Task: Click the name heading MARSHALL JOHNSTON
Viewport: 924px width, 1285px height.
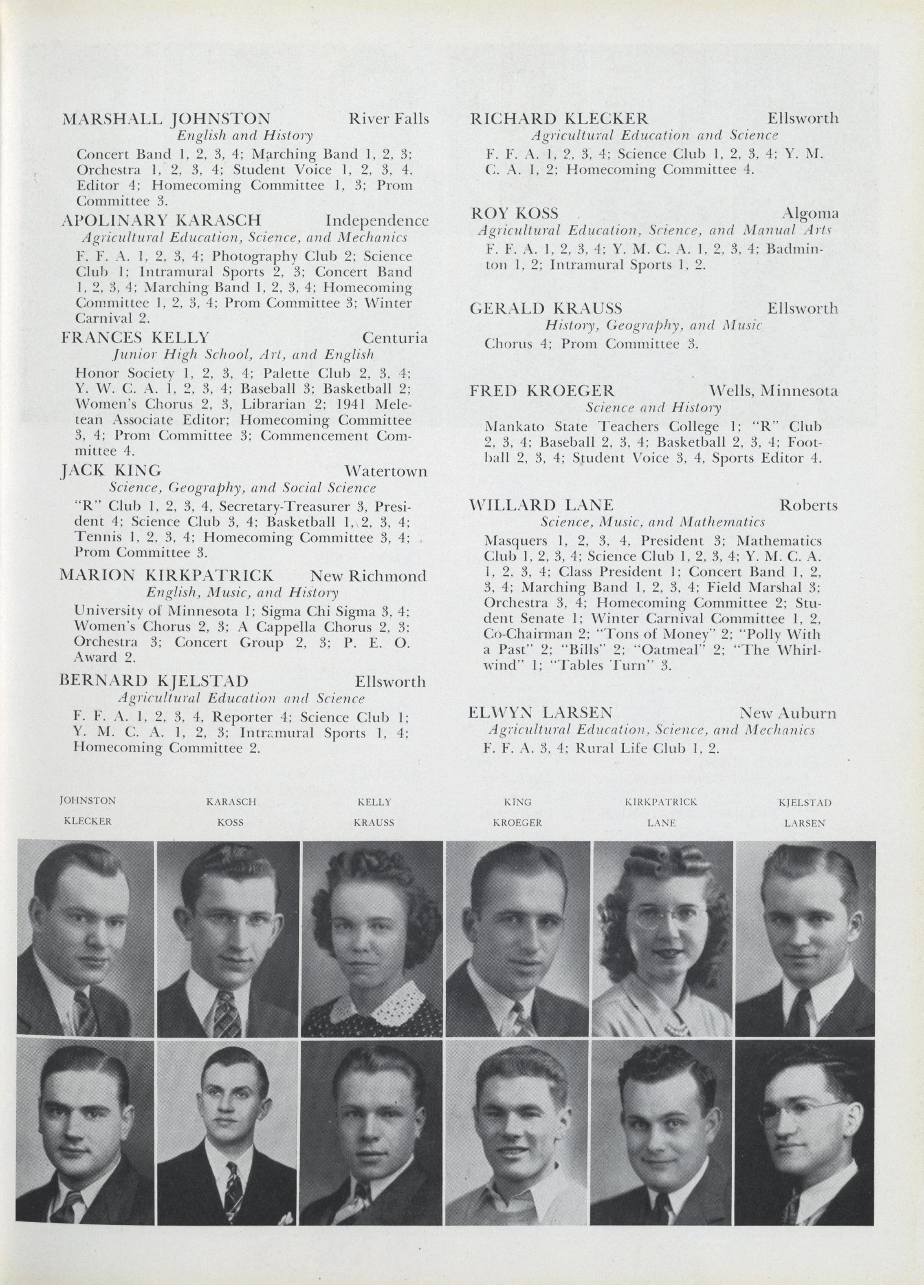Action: [x=165, y=119]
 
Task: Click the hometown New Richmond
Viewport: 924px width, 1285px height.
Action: [x=368, y=576]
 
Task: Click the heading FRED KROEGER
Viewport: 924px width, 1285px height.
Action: [x=542, y=391]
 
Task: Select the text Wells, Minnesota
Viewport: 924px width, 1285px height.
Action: [x=773, y=391]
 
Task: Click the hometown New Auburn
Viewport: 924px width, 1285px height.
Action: [x=787, y=713]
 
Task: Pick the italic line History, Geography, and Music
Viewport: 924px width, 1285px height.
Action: [x=653, y=325]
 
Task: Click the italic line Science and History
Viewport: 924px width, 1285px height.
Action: [x=653, y=407]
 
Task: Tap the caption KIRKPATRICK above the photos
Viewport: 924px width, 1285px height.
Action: [x=661, y=802]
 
